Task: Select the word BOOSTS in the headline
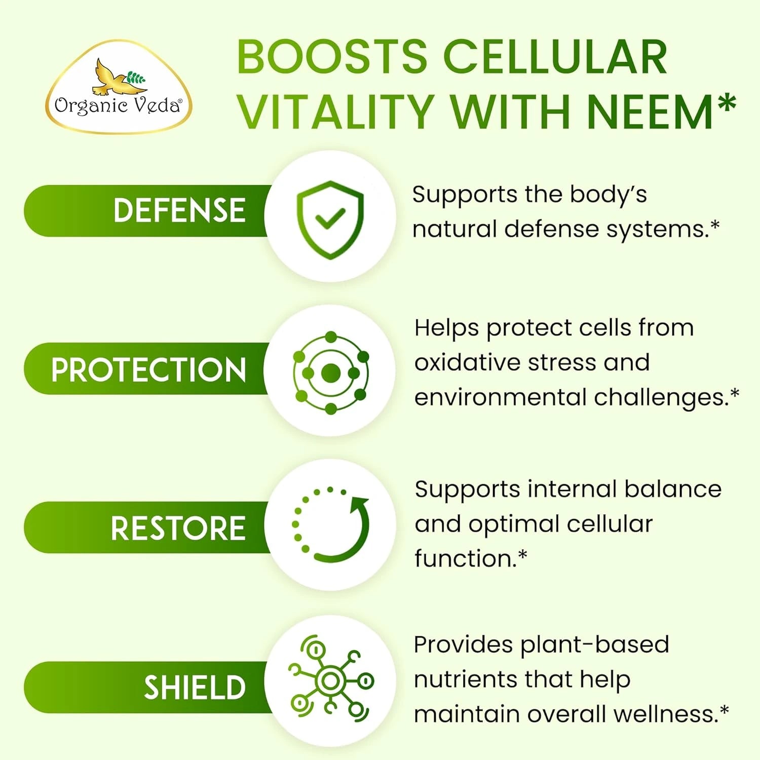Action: click(x=332, y=56)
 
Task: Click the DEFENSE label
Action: click(x=179, y=211)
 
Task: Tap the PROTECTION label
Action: click(x=148, y=369)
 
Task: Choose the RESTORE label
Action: click(x=178, y=528)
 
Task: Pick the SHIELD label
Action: click(x=195, y=688)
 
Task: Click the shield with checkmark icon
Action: click(x=330, y=219)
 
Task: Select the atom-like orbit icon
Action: click(x=330, y=373)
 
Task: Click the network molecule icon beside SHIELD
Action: click(x=330, y=680)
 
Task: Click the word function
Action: click(x=464, y=559)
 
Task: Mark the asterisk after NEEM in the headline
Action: click(x=728, y=103)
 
